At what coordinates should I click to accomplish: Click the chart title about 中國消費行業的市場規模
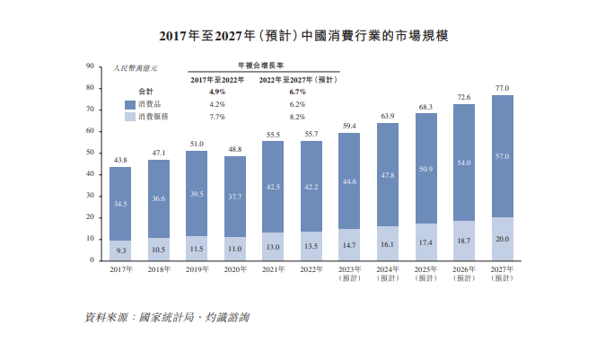pos(302,37)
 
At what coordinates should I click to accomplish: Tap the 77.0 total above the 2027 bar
pos(502,88)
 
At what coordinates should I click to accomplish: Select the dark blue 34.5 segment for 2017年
pos(120,205)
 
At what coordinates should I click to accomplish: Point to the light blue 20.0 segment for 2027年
pos(502,239)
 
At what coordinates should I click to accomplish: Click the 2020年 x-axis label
pos(234,269)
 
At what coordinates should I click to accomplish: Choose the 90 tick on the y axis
pos(90,66)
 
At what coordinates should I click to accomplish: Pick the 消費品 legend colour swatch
pos(129,104)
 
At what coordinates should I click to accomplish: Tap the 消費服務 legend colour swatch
pos(129,117)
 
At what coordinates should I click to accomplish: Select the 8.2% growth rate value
pos(297,117)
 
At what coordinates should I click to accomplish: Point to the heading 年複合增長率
pos(260,66)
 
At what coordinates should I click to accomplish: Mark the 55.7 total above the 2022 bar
pos(311,134)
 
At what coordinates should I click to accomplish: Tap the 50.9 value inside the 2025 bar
pos(425,169)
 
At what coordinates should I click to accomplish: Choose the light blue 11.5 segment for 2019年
pos(197,248)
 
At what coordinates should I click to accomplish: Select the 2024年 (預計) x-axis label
pos(387,274)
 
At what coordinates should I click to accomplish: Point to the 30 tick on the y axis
pos(90,196)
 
